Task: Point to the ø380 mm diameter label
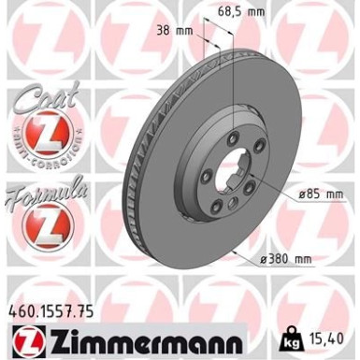coord(286,259)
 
